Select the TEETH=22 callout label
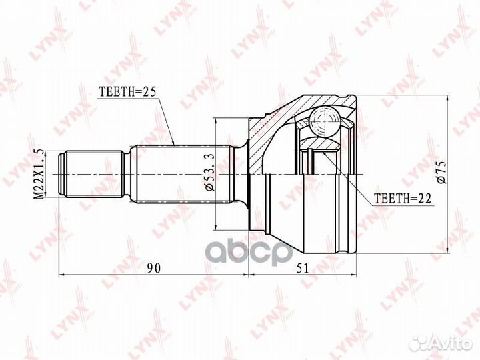tap(403, 199)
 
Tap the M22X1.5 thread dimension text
tap(39, 175)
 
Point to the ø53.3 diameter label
tap(210, 173)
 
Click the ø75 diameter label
tap(442, 173)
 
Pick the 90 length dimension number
tap(153, 268)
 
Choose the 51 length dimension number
tap(302, 268)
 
